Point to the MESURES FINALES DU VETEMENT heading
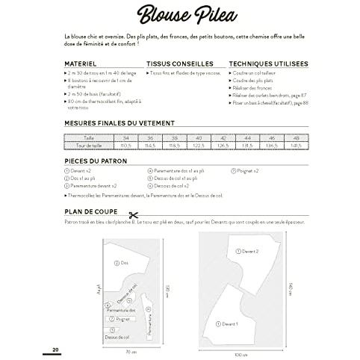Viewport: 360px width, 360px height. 120,124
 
